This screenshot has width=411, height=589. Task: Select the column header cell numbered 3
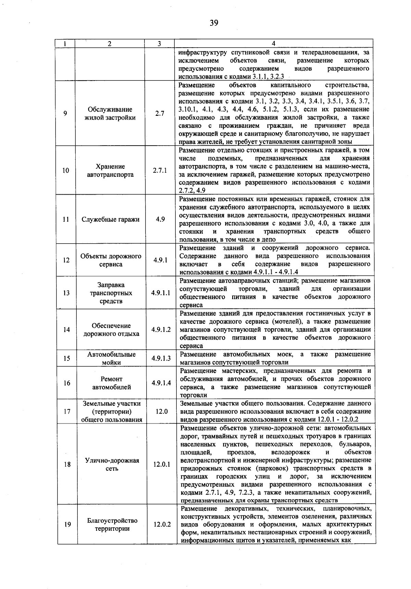click(159, 44)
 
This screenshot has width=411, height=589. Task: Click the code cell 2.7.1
click(160, 170)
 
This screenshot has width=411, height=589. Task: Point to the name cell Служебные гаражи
click(110, 219)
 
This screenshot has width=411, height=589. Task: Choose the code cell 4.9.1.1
click(161, 293)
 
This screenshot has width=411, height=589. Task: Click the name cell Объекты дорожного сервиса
click(111, 260)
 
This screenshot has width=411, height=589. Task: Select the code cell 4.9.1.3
click(161, 358)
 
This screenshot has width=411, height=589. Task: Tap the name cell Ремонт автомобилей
click(111, 383)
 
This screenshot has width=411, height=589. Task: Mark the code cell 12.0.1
click(161, 464)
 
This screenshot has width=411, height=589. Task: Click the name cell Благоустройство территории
click(112, 524)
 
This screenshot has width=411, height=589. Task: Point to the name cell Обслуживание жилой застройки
click(110, 113)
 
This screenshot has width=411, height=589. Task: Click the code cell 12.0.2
click(162, 524)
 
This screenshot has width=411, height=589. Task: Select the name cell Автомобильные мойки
click(111, 358)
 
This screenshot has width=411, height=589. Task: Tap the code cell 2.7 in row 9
click(159, 113)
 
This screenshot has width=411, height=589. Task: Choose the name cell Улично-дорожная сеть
click(112, 464)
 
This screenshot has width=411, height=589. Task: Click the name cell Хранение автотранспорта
click(110, 170)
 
